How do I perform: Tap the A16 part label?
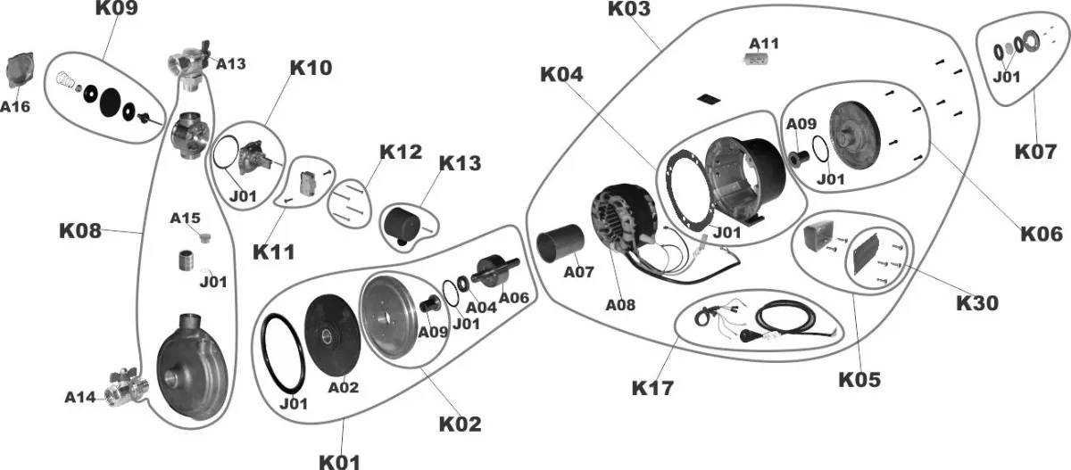[15, 106]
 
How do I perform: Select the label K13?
[460, 163]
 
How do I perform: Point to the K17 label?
[652, 388]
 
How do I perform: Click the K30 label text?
[977, 303]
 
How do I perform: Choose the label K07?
[1035, 151]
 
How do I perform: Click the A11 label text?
[764, 43]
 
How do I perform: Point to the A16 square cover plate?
[19, 71]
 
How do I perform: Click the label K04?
[560, 75]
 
